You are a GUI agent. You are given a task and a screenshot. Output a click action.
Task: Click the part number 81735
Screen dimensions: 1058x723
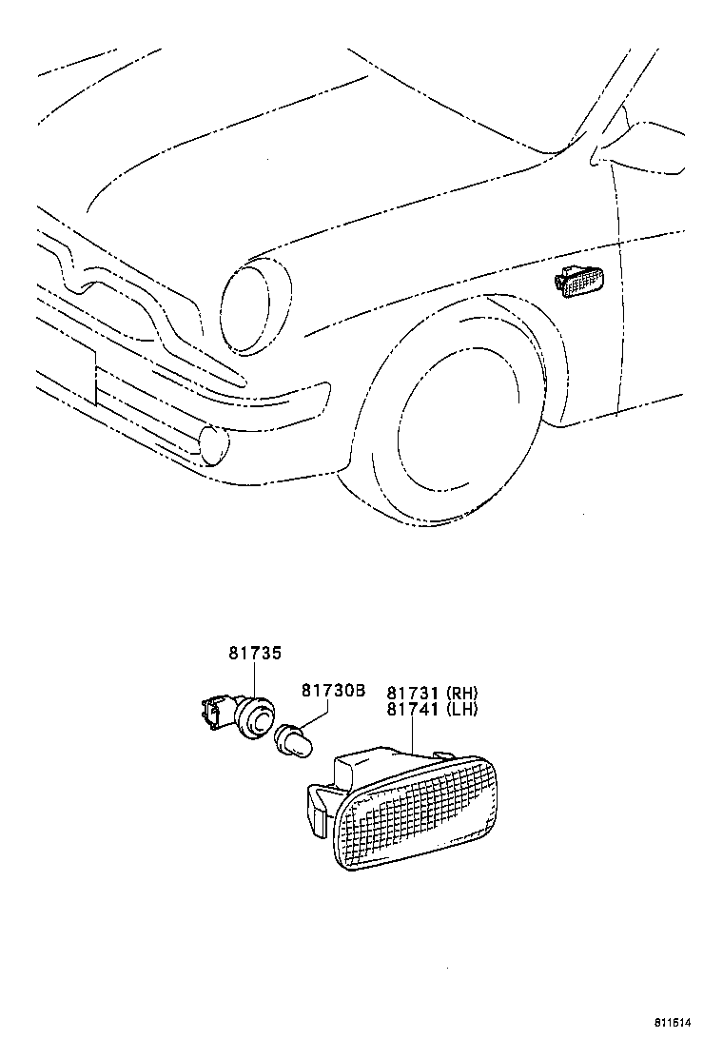click(x=255, y=655)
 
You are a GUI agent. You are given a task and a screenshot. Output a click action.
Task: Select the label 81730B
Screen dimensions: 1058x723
click(x=333, y=691)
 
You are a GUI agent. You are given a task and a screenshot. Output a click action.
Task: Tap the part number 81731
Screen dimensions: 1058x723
click(x=413, y=693)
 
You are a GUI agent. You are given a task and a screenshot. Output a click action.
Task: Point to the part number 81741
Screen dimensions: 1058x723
click(x=413, y=709)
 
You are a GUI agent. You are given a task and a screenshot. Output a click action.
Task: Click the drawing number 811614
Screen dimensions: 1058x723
click(x=671, y=1023)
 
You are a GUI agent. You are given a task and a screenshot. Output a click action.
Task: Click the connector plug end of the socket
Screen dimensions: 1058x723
click(x=213, y=710)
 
